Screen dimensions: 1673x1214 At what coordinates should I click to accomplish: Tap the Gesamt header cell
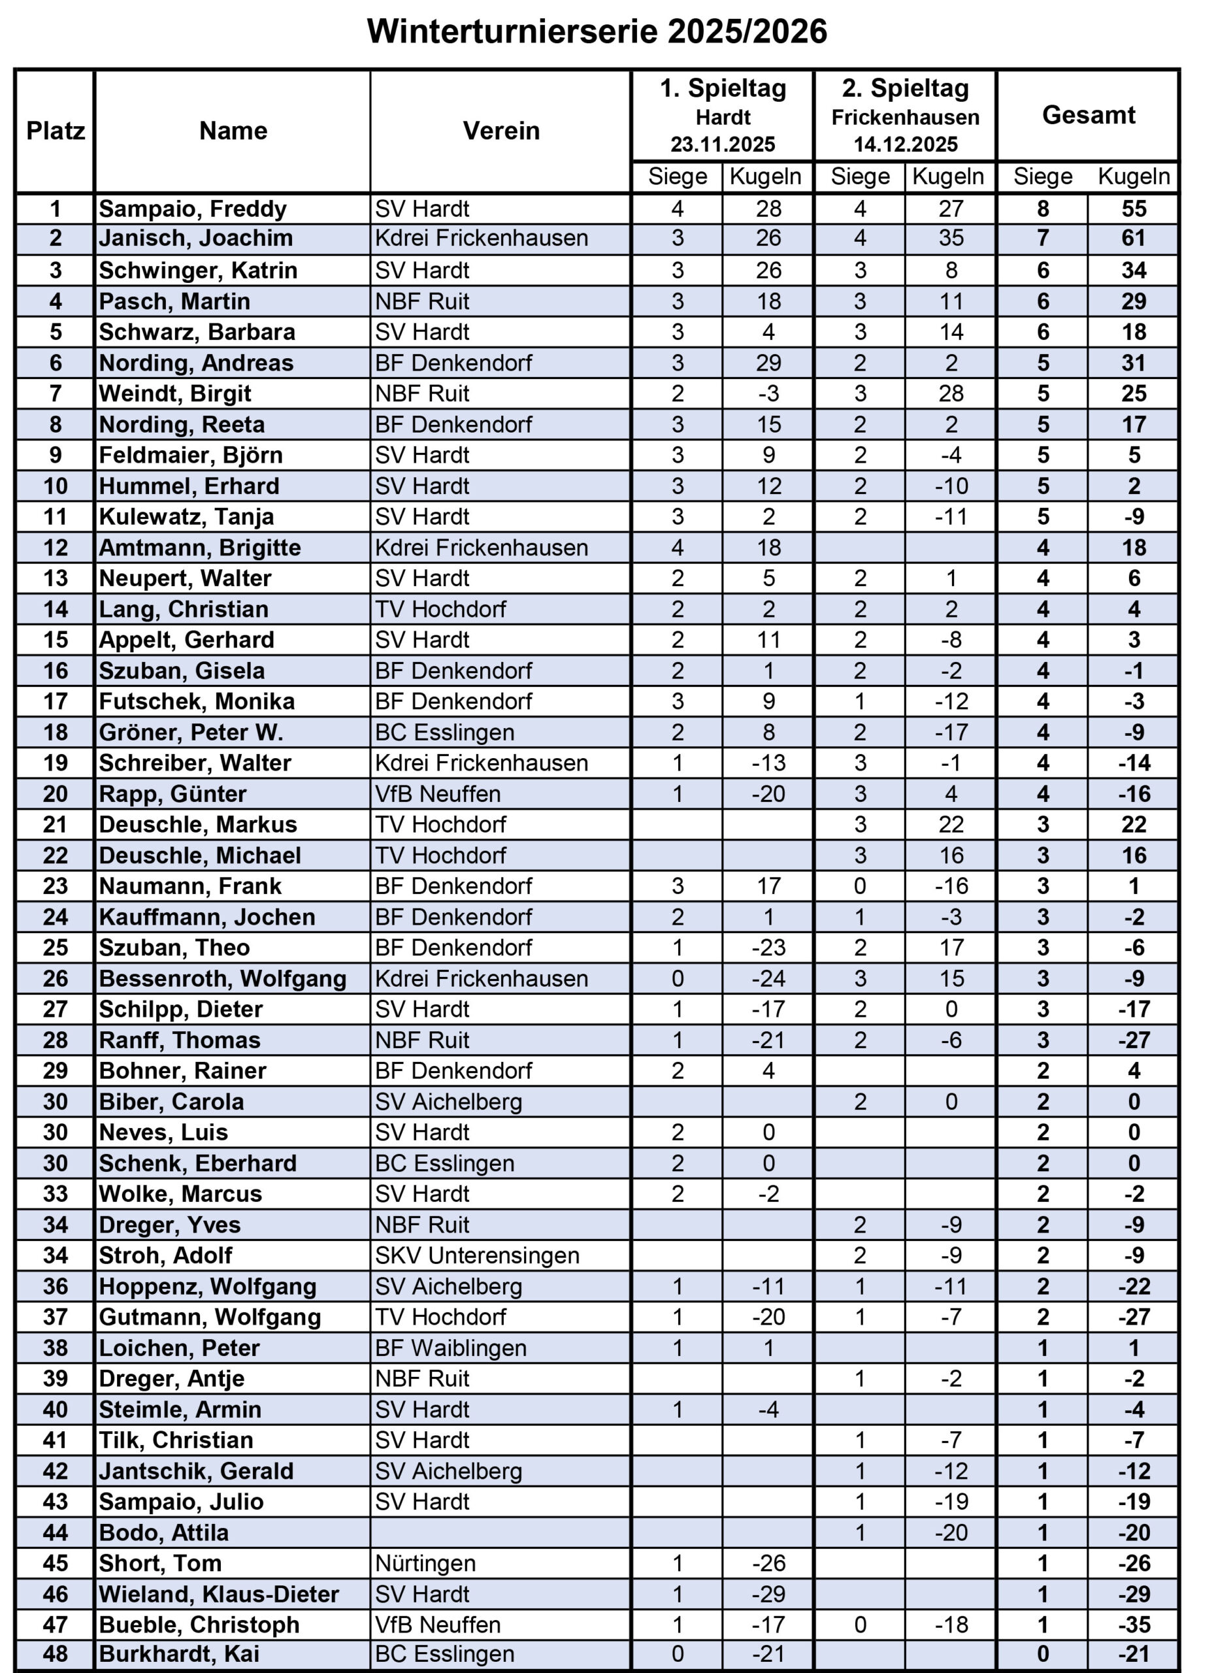click(x=1088, y=115)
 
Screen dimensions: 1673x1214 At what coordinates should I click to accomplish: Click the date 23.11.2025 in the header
click(x=722, y=144)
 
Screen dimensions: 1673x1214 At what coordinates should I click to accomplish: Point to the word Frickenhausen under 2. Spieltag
click(x=905, y=117)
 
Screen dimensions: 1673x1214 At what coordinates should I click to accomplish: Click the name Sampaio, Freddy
click(x=193, y=208)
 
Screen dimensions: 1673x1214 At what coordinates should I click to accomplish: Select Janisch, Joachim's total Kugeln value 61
click(x=1133, y=239)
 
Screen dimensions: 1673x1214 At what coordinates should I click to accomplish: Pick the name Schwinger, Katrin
click(x=198, y=271)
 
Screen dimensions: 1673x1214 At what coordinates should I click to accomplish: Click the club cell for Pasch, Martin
click(x=422, y=302)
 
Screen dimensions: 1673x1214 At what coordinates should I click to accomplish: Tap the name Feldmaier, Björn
click(x=190, y=455)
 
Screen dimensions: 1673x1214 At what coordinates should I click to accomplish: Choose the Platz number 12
click(x=56, y=548)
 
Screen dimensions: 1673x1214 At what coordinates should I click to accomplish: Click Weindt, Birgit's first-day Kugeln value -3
click(x=768, y=394)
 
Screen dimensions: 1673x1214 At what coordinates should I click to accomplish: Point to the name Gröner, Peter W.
click(x=190, y=733)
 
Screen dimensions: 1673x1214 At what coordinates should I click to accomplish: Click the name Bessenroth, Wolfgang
click(x=222, y=979)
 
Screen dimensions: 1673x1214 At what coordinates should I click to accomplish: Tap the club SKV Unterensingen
click(x=476, y=1255)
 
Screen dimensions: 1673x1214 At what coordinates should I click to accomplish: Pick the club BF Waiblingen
click(x=451, y=1348)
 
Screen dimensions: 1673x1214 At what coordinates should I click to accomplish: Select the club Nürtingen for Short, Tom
click(x=425, y=1564)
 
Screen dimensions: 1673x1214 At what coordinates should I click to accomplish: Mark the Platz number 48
click(x=56, y=1654)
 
